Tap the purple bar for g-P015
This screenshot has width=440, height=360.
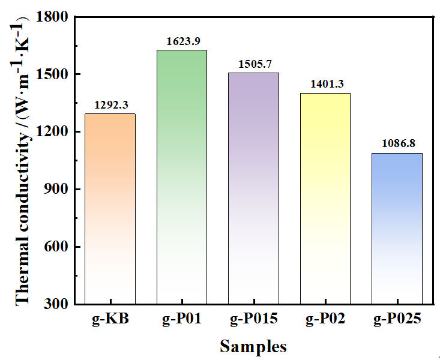coord(253,188)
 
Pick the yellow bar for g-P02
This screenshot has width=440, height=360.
coord(325,199)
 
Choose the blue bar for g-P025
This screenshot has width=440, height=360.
coord(397,229)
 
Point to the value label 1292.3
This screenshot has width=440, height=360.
coord(110,106)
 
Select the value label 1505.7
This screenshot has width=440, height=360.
coord(253,65)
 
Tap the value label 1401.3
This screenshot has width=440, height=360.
coord(325,85)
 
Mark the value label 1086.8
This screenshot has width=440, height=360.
coord(397,145)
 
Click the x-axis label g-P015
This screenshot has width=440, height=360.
coord(253,320)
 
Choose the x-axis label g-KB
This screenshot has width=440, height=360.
coord(110,320)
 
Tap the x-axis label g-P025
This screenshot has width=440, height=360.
coord(397,320)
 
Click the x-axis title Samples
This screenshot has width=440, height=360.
coord(253,346)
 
